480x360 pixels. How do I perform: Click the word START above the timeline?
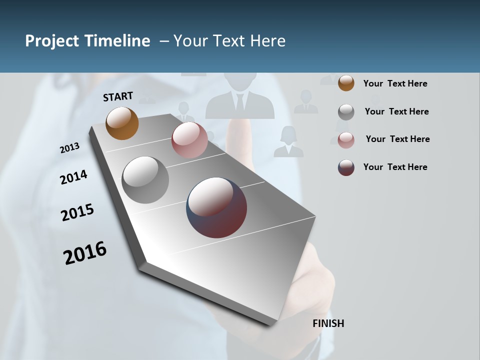(x=118, y=96)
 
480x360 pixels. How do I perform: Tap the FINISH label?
(x=328, y=323)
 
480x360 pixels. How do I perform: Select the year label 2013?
(x=70, y=148)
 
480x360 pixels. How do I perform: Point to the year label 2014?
(x=73, y=177)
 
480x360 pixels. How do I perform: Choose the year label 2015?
(x=77, y=212)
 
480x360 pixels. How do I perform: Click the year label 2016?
(x=85, y=253)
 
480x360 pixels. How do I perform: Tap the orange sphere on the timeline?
(x=122, y=123)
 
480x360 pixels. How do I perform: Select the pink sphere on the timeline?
(x=189, y=140)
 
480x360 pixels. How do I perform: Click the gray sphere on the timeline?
(x=145, y=180)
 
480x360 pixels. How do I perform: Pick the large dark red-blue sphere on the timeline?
(x=216, y=207)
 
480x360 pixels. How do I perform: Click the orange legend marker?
(x=346, y=83)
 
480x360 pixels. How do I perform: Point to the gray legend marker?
(x=346, y=112)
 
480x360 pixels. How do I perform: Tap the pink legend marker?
(x=346, y=140)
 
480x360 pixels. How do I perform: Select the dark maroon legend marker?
(x=346, y=167)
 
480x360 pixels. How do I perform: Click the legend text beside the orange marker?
(x=395, y=83)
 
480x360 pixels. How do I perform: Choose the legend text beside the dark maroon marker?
(x=395, y=167)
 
